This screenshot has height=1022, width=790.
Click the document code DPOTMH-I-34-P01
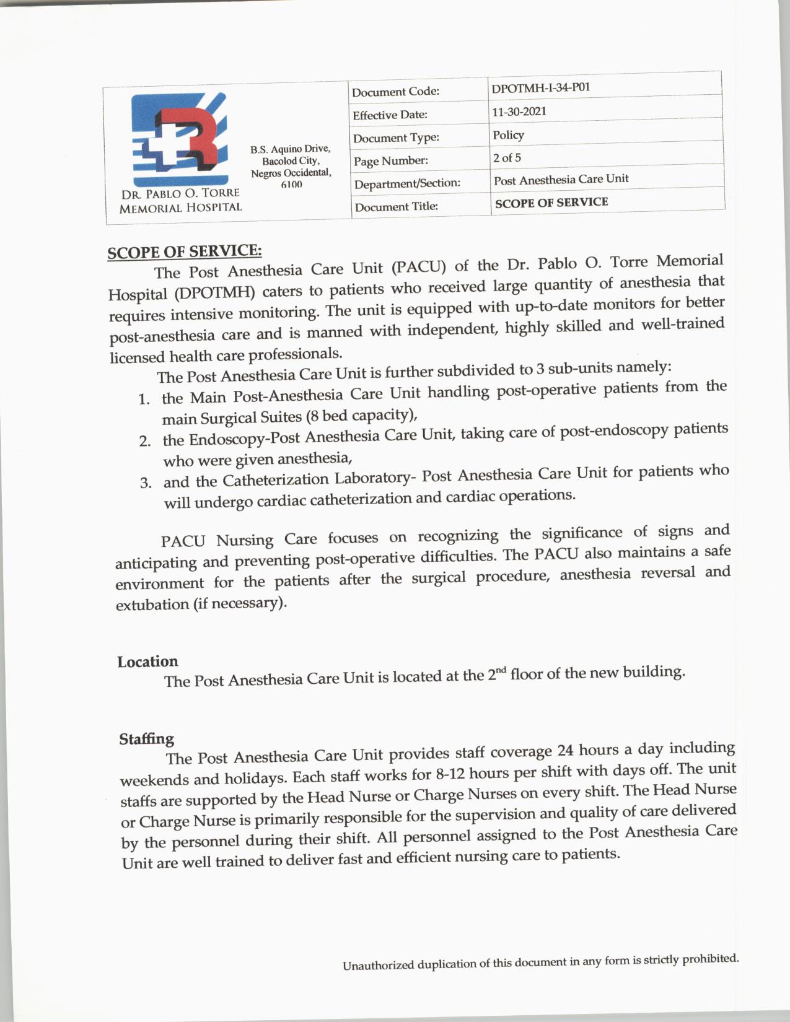point(540,87)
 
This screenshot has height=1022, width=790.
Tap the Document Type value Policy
point(508,134)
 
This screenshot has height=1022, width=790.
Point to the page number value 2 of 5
point(507,157)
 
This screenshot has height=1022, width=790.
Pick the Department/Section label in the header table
point(407,183)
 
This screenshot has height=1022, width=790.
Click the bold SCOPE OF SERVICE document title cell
point(551,202)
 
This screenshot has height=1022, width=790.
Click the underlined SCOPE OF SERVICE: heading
point(185,251)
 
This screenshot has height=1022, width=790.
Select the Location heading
point(147,662)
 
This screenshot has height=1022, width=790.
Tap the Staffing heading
point(146,739)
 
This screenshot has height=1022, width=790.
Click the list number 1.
point(144,399)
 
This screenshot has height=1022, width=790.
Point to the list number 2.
point(145,441)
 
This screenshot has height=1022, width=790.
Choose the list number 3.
point(146,483)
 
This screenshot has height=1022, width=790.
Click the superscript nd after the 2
point(500,670)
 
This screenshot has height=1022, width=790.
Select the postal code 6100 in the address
point(291,185)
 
